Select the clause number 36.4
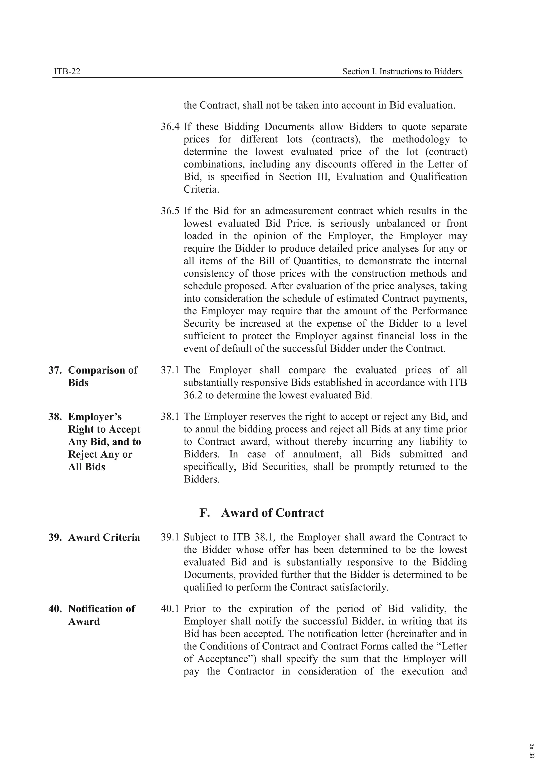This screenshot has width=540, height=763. (x=170, y=127)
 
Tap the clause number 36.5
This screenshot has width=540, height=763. (x=170, y=211)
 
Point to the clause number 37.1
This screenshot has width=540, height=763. (x=170, y=370)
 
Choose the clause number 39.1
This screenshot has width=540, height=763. (x=170, y=537)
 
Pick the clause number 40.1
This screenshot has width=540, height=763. (x=170, y=609)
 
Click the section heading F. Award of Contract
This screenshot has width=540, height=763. (x=261, y=513)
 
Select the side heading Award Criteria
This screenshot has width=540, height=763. (x=104, y=537)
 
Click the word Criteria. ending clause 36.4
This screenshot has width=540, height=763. (x=201, y=190)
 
